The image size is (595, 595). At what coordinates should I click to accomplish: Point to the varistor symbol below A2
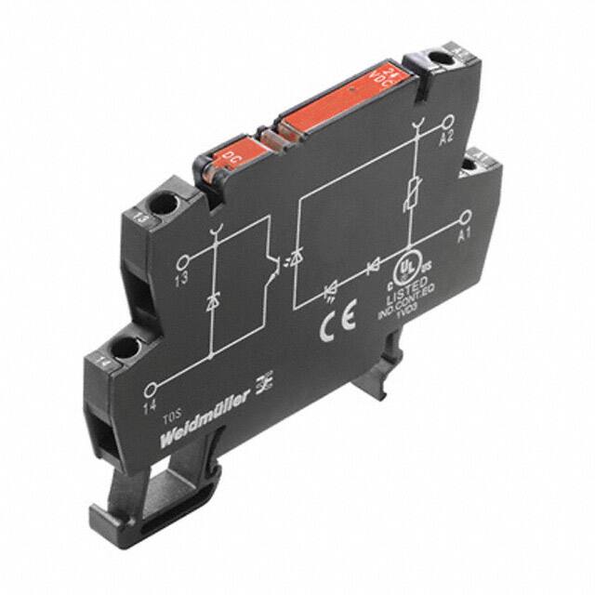click(x=410, y=197)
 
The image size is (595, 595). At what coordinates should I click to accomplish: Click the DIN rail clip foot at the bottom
click(x=130, y=506)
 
